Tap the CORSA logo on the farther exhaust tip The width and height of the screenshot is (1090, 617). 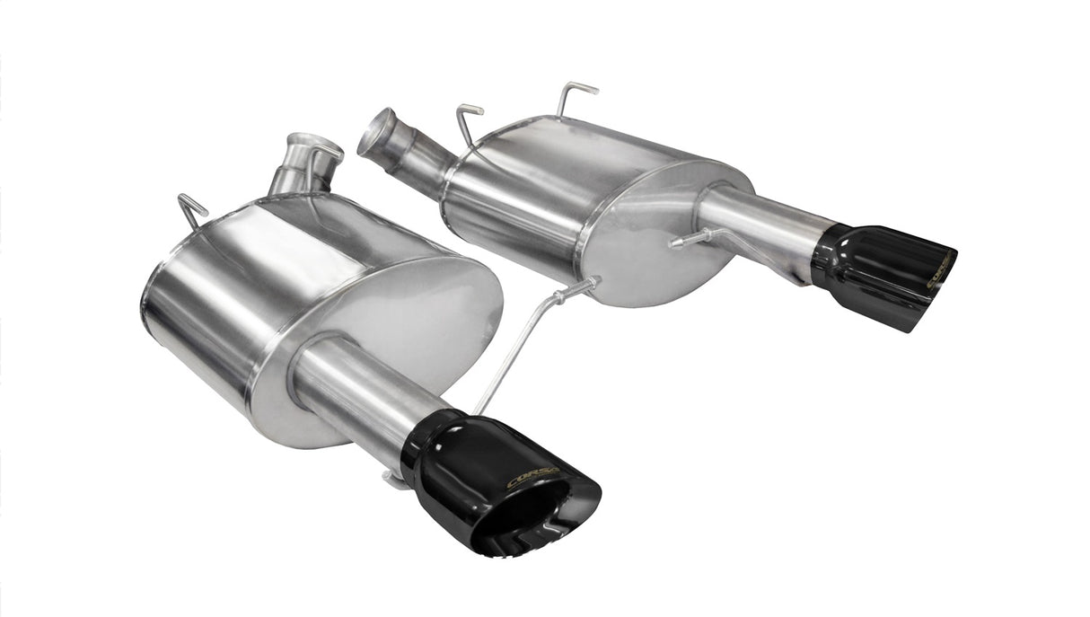939,272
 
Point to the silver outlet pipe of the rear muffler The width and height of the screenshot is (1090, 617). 763,220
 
